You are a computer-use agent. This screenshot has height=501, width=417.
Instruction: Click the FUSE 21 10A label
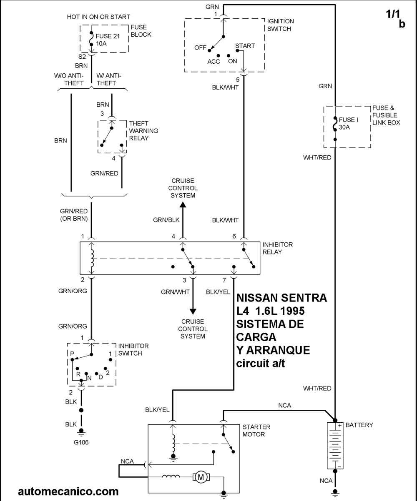coord(108,40)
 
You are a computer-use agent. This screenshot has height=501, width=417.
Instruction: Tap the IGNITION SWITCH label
coord(280,25)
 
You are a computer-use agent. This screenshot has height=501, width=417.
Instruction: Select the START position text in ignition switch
coord(245,46)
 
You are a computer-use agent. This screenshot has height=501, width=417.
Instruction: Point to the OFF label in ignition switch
coord(200,48)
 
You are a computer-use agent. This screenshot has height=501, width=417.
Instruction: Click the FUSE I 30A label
coord(348,124)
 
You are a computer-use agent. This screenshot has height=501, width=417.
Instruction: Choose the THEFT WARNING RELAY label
coord(143,131)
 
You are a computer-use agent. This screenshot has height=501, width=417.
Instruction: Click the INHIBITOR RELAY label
coord(277,248)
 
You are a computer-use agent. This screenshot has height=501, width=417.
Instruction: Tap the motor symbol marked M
coord(201,477)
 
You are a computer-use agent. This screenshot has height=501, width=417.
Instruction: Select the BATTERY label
coord(359,425)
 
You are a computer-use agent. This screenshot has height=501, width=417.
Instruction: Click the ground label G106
coord(81,442)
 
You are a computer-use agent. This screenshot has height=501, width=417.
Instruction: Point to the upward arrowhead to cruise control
coord(183,204)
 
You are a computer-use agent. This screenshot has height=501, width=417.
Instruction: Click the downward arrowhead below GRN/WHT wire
coord(193,312)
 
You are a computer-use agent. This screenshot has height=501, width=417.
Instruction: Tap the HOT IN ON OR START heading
coord(98,17)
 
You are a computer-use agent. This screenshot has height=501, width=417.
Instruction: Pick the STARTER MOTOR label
coord(256,431)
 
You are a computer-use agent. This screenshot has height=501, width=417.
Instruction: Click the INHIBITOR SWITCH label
coord(133,349)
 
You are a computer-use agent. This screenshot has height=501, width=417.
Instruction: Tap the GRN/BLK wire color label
coord(166,220)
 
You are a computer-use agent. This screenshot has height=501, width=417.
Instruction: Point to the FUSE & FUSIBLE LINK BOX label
coord(386,115)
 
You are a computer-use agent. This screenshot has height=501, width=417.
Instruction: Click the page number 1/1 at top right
coord(392,14)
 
